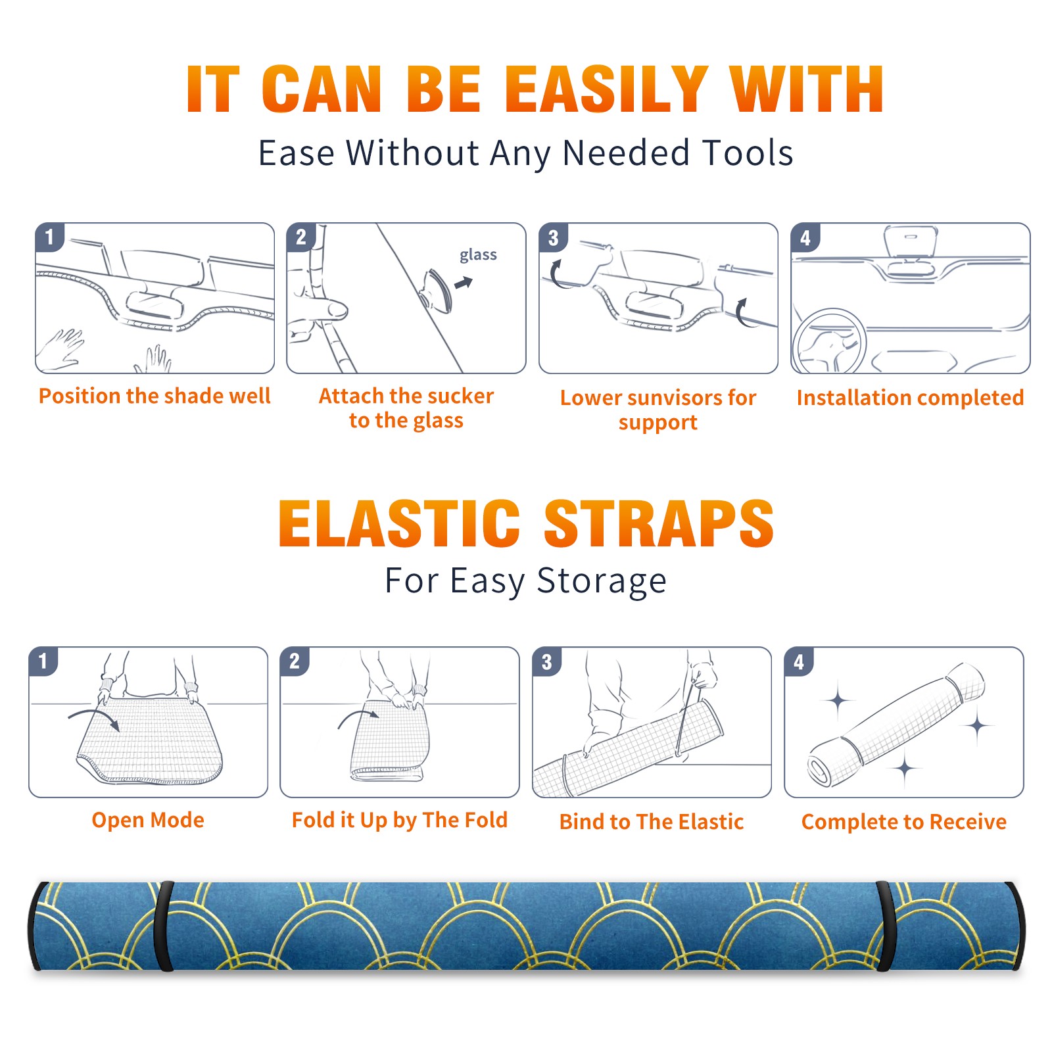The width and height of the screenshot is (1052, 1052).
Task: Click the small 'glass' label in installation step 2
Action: (478, 255)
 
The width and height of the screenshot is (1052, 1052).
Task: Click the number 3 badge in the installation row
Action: (553, 237)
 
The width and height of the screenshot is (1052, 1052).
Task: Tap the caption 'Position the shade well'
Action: (155, 396)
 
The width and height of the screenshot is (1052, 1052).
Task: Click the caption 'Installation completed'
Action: (910, 398)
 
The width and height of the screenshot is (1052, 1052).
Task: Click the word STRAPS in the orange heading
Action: (659, 523)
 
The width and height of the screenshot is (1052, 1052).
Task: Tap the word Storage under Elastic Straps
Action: (602, 581)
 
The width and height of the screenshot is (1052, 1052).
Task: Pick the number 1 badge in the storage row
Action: (43, 661)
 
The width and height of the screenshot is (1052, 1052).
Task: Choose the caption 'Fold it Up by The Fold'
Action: (400, 820)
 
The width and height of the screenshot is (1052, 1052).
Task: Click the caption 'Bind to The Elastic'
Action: (651, 822)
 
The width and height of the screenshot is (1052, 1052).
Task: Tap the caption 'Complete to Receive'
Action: (904, 822)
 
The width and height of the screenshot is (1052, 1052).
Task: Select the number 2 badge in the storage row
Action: (295, 661)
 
